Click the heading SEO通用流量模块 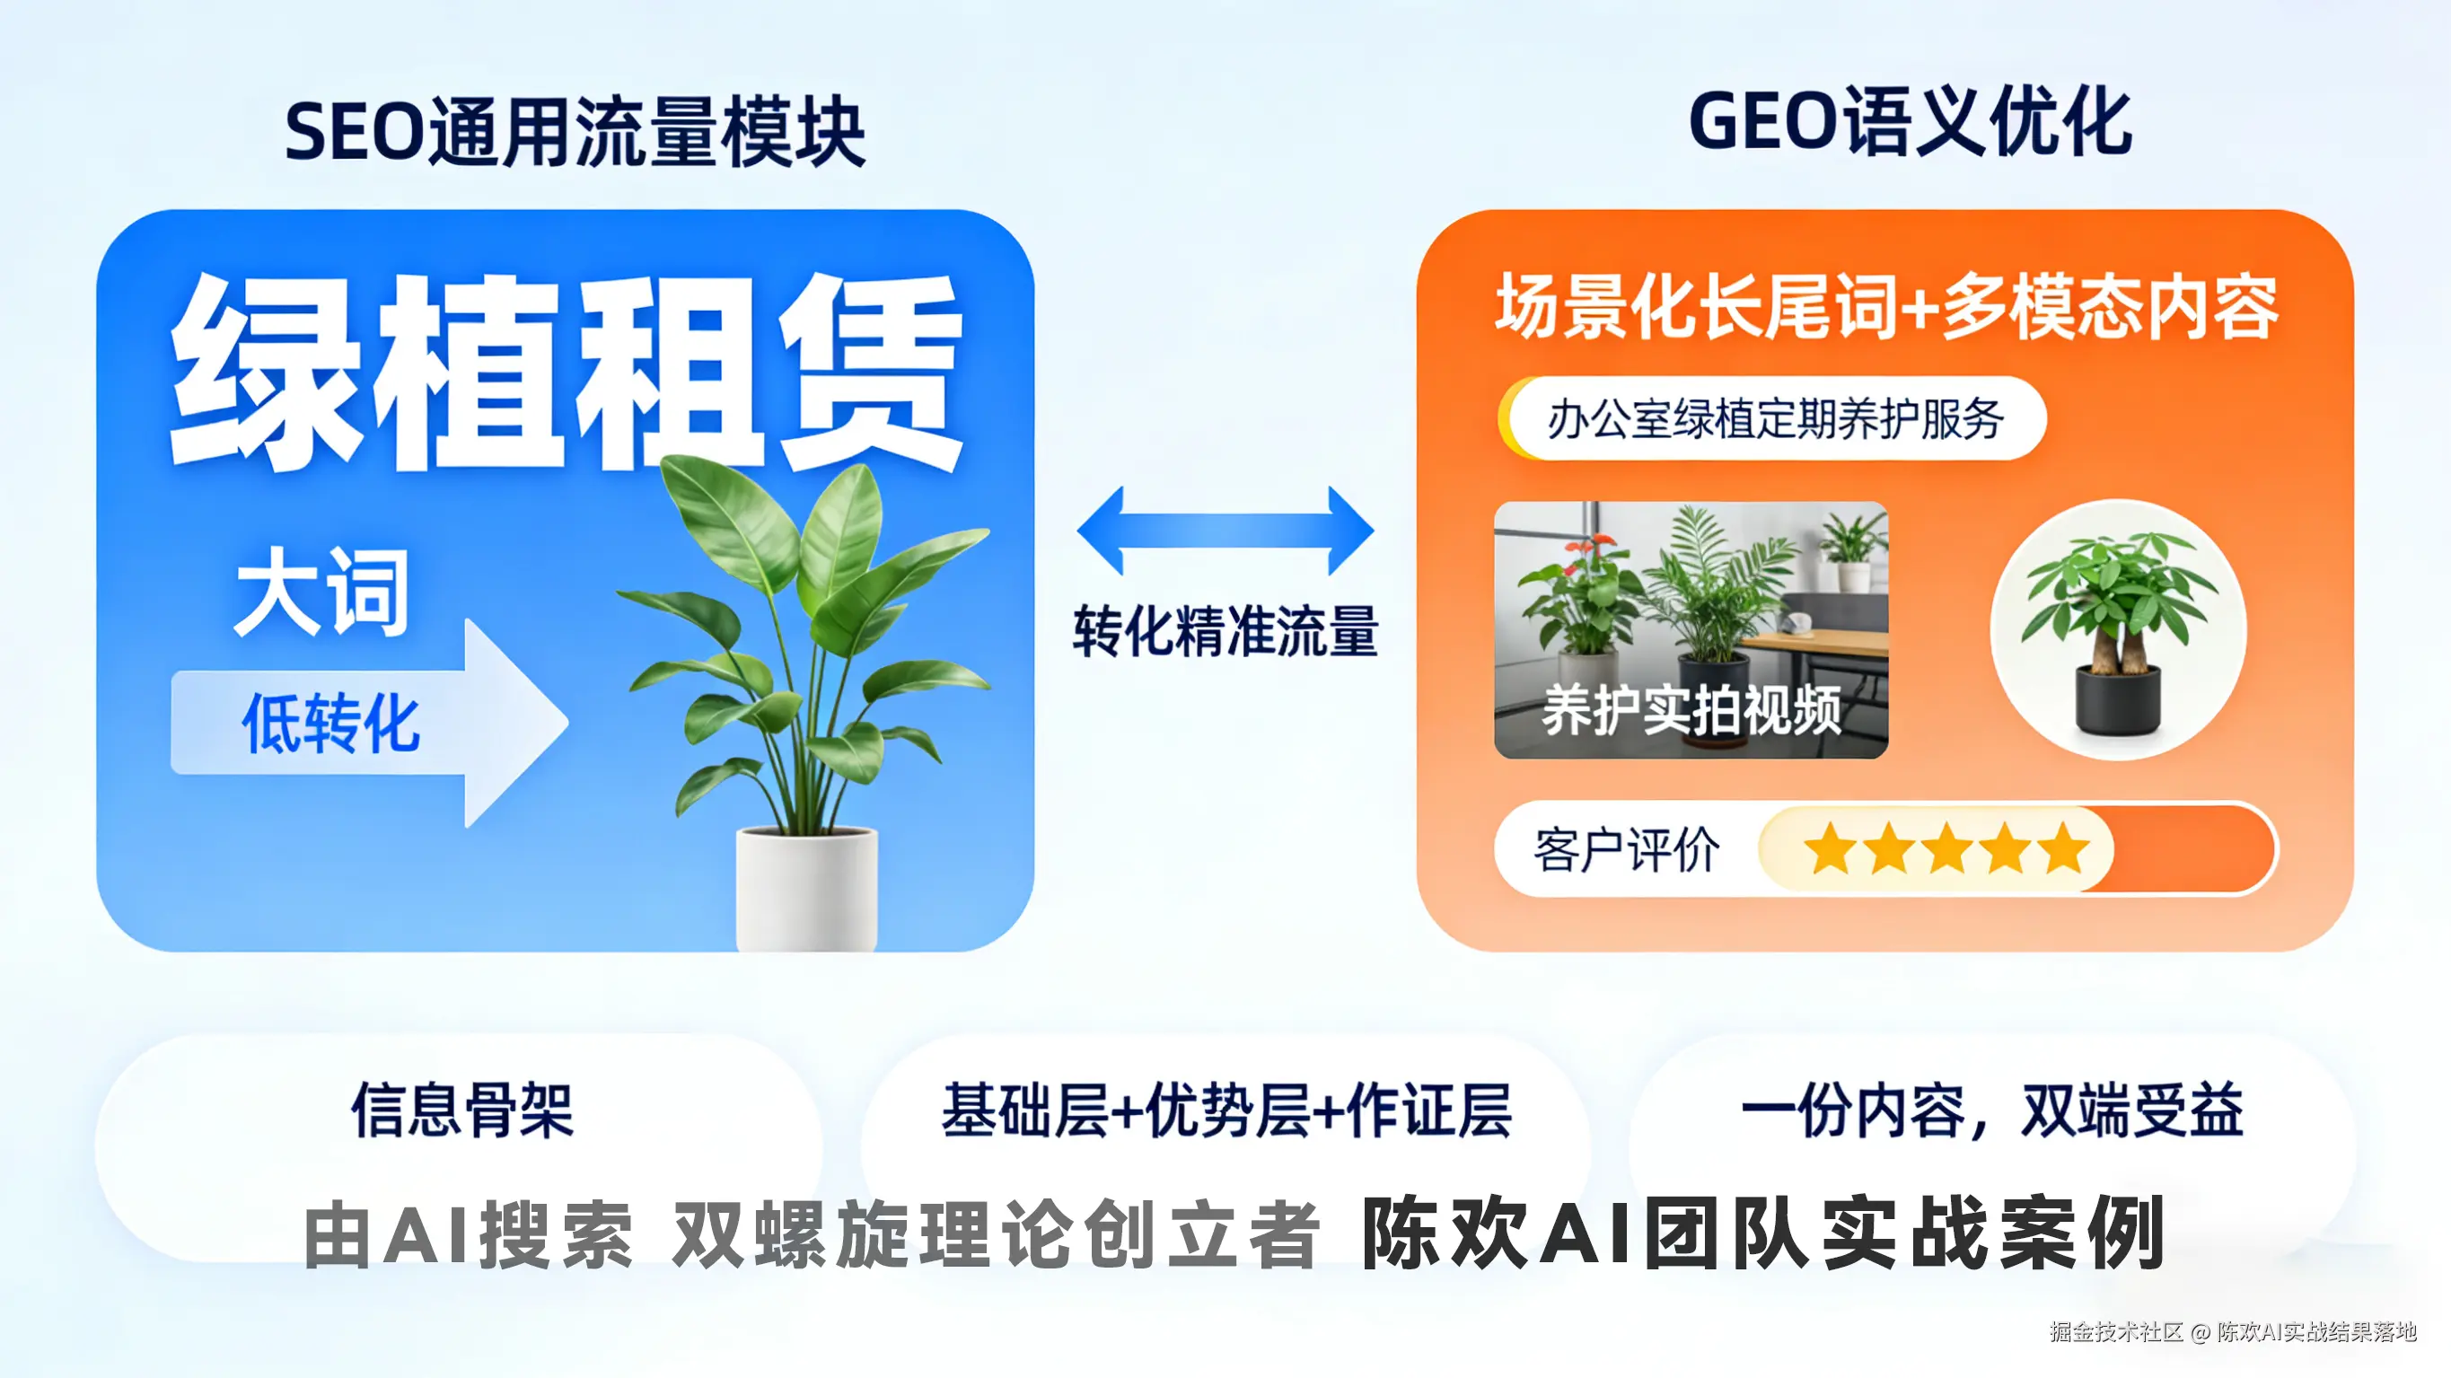click(x=575, y=132)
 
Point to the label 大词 click(x=322, y=592)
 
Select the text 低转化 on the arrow click(x=330, y=724)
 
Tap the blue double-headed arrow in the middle click(x=1225, y=530)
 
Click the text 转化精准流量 click(x=1225, y=631)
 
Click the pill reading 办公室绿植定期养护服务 click(x=1774, y=419)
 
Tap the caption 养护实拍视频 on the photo click(x=1691, y=710)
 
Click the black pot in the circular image click(x=2117, y=700)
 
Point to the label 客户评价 click(x=1626, y=850)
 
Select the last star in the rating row click(x=2064, y=849)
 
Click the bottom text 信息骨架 click(x=462, y=1110)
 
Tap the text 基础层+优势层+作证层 click(x=1225, y=1110)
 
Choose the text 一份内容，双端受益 click(x=1991, y=1110)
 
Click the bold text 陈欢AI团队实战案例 click(x=1763, y=1234)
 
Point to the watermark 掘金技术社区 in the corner click(x=2116, y=1331)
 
